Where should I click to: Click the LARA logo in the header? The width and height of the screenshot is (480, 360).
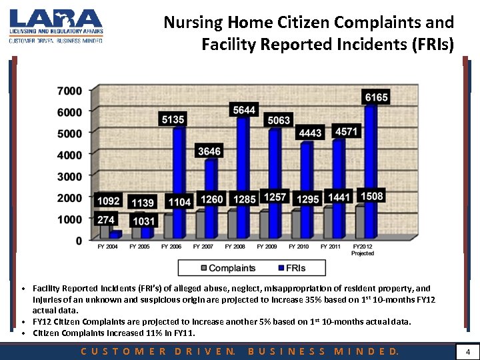tap(55, 25)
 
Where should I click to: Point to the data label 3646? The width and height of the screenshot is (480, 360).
tap(209, 151)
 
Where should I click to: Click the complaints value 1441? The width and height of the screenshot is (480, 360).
tap(339, 197)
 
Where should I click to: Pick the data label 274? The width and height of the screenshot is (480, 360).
tap(107, 219)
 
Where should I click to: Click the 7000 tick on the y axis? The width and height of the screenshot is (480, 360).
tap(69, 91)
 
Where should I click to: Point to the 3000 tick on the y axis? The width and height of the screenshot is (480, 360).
tap(69, 177)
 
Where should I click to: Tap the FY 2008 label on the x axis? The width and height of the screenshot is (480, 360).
tap(236, 247)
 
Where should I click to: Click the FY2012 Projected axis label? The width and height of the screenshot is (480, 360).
tap(363, 249)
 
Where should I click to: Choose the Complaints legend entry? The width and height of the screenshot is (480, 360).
tap(226, 268)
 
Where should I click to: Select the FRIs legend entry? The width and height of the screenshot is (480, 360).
tap(295, 268)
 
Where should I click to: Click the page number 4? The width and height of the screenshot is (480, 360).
tap(468, 351)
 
